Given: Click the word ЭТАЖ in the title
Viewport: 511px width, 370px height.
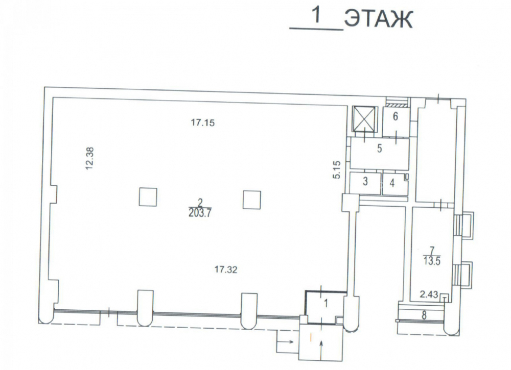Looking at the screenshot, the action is pos(378,19).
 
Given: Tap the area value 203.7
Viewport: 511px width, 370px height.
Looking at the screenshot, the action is pos(200,213).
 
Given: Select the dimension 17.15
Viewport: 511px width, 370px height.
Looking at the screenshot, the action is pos(203,122).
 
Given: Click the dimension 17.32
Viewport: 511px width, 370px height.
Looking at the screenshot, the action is pos(226,269).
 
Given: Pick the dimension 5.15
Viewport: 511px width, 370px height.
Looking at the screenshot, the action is pos(337,169).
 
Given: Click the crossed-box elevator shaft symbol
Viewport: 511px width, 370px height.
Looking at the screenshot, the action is pos(364,119).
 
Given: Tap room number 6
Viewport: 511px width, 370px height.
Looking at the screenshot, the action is pos(396,116).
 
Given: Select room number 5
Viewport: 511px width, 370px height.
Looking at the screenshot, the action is pos(379,149).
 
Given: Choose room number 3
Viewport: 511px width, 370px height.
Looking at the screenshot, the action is pos(365,181).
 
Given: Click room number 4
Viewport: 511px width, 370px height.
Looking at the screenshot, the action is pos(392,183).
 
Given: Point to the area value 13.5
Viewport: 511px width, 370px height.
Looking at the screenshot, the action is pos(432,261).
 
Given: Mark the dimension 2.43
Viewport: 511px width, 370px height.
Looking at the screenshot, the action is pos(429,295).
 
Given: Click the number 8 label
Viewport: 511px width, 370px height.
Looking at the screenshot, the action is pos(424,315).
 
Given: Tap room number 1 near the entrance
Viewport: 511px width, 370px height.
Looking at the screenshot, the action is pos(326,304).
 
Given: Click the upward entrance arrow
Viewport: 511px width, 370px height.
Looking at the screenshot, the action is pos(321,350).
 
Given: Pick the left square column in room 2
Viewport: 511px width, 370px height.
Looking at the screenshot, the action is pos(148,197).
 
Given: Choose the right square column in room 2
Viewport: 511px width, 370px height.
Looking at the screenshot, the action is pos(252,200).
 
